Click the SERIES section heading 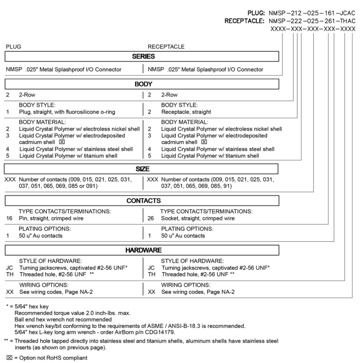pos(143,56)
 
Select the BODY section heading pos(143,82)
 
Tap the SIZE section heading pos(143,168)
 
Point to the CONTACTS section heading pos(143,201)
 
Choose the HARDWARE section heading pos(143,250)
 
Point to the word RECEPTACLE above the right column pos(167,46)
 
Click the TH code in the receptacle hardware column pos(151,274)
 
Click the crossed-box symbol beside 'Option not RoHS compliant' pos(8,357)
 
